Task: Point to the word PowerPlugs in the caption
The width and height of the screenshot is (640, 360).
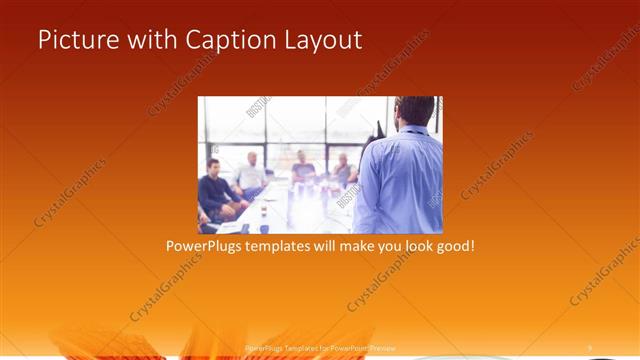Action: pyautogui.click(x=203, y=245)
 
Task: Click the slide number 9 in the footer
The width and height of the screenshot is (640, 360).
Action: pyautogui.click(x=589, y=347)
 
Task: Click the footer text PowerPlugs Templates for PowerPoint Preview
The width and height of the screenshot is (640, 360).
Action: pyautogui.click(x=319, y=347)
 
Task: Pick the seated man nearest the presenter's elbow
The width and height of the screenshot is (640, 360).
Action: pyautogui.click(x=344, y=170)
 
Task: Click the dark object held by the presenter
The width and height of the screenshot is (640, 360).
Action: pyautogui.click(x=379, y=129)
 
